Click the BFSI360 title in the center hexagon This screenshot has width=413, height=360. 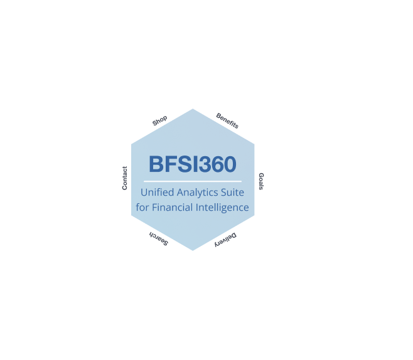193,164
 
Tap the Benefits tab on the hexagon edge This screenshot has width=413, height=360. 227,120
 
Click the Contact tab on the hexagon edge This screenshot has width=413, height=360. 125,178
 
